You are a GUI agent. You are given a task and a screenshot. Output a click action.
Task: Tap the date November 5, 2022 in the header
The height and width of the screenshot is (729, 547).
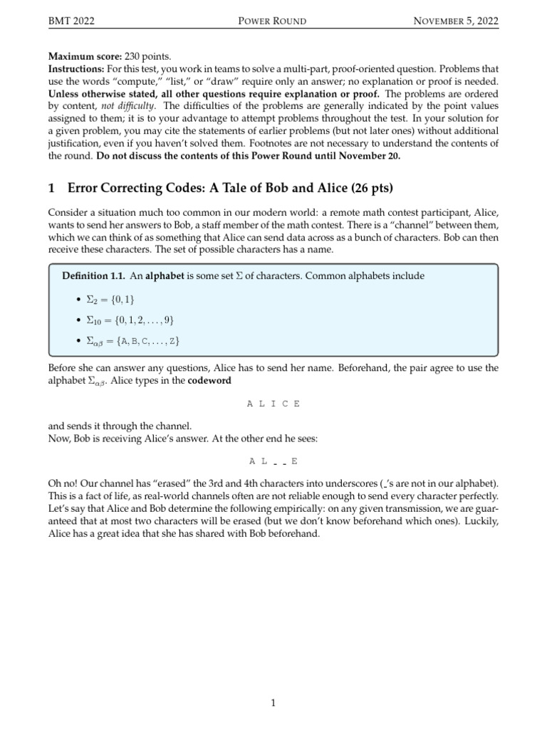456,21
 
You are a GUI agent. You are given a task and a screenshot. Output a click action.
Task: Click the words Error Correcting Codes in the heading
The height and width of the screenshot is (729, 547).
130,189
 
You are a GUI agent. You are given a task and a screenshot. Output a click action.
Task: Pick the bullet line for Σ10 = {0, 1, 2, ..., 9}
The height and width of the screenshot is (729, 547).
130,320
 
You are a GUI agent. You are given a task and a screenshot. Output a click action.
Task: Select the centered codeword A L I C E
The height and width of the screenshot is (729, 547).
273,404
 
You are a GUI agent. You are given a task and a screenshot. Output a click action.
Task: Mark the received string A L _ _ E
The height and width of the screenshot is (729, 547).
273,461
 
